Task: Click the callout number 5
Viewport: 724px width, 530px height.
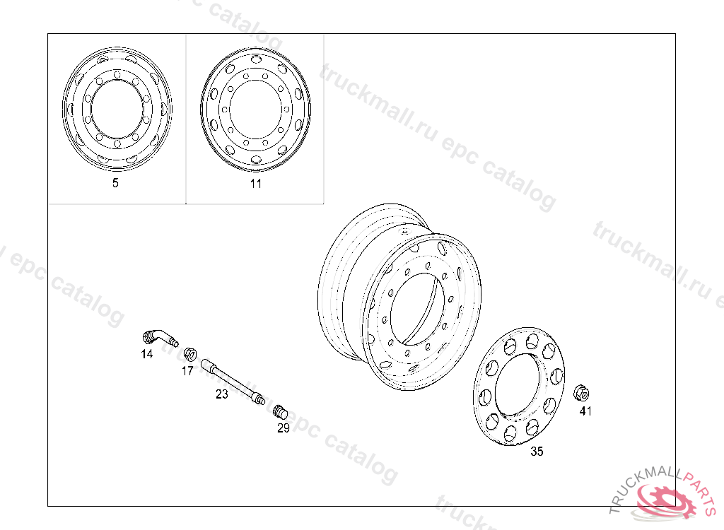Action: click(115, 183)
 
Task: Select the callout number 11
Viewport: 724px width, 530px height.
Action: click(256, 184)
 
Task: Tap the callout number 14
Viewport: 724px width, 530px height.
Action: click(147, 354)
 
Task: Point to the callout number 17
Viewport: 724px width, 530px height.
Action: click(187, 371)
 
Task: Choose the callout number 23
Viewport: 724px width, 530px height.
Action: click(222, 394)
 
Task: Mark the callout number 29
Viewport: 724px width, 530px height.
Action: click(284, 428)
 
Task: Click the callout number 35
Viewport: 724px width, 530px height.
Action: click(537, 451)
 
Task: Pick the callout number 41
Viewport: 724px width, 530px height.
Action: click(585, 411)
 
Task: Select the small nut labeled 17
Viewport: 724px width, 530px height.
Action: click(189, 354)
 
